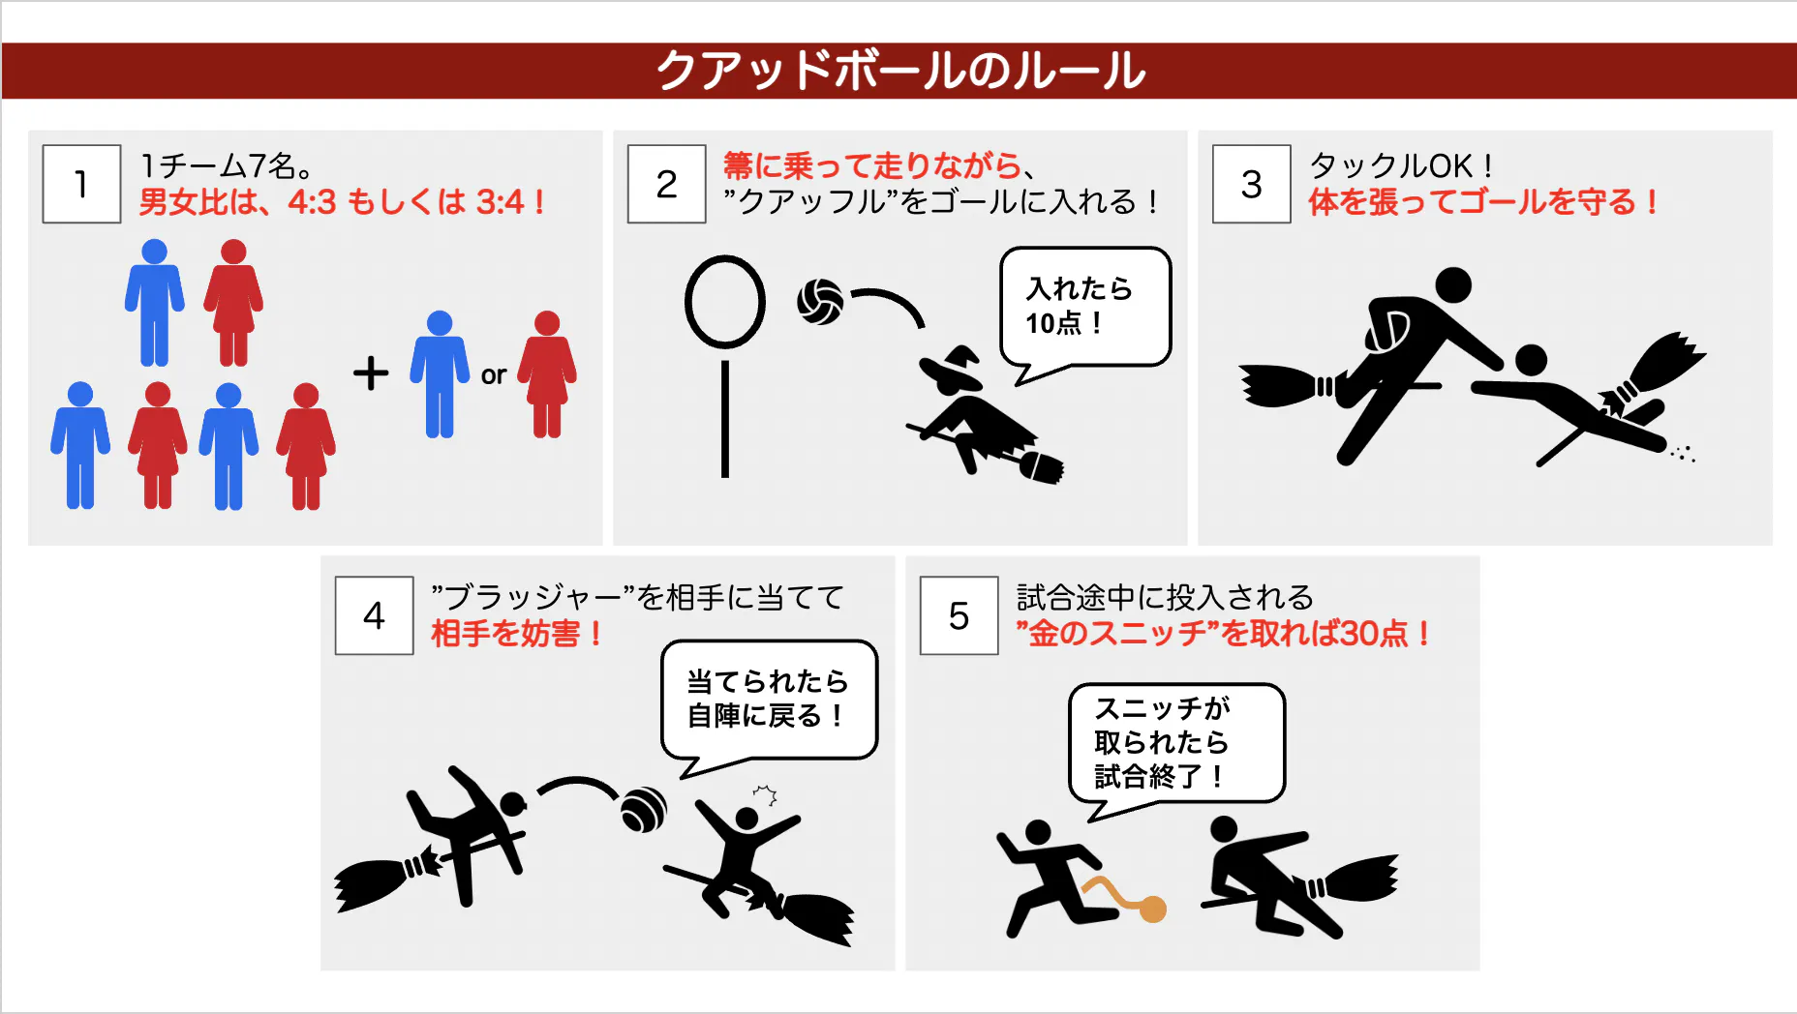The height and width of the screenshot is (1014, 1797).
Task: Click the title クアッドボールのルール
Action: (x=900, y=71)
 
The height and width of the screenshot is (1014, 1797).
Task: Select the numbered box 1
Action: (x=81, y=184)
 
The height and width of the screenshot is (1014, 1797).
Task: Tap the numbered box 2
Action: (x=666, y=184)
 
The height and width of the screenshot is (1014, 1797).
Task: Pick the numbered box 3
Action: (x=1251, y=184)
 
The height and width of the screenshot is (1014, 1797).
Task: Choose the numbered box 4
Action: (x=374, y=615)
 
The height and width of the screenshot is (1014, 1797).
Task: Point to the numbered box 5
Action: (x=959, y=615)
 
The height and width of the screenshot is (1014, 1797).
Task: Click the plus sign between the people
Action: (x=371, y=373)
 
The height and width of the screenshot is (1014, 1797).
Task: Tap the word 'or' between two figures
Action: (x=494, y=374)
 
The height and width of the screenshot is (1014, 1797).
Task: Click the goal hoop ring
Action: (x=724, y=301)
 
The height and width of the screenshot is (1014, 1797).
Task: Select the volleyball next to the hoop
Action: (x=820, y=302)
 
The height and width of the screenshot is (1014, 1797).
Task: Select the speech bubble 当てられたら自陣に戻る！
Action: (x=769, y=699)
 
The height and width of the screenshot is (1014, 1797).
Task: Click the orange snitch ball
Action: (x=1152, y=909)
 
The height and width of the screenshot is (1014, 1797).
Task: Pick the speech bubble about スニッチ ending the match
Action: (x=1176, y=742)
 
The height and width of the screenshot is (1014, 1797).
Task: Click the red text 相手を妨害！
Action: (x=516, y=634)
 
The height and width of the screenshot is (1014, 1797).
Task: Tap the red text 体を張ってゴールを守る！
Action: (x=1482, y=202)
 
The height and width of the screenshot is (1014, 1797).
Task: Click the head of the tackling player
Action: (x=1452, y=285)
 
